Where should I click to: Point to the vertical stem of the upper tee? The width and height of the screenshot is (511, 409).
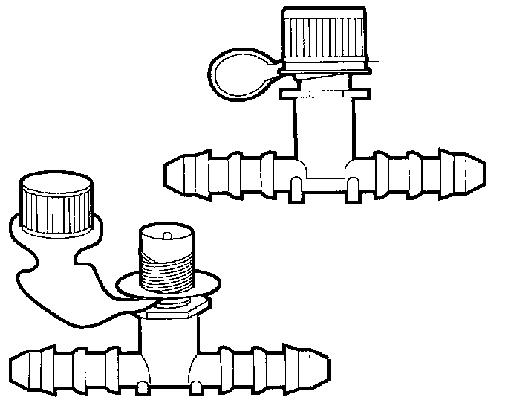pos(322,126)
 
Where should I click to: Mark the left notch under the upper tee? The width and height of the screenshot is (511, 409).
pos(295,185)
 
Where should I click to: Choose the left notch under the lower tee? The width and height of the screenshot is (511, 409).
pos(141,387)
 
